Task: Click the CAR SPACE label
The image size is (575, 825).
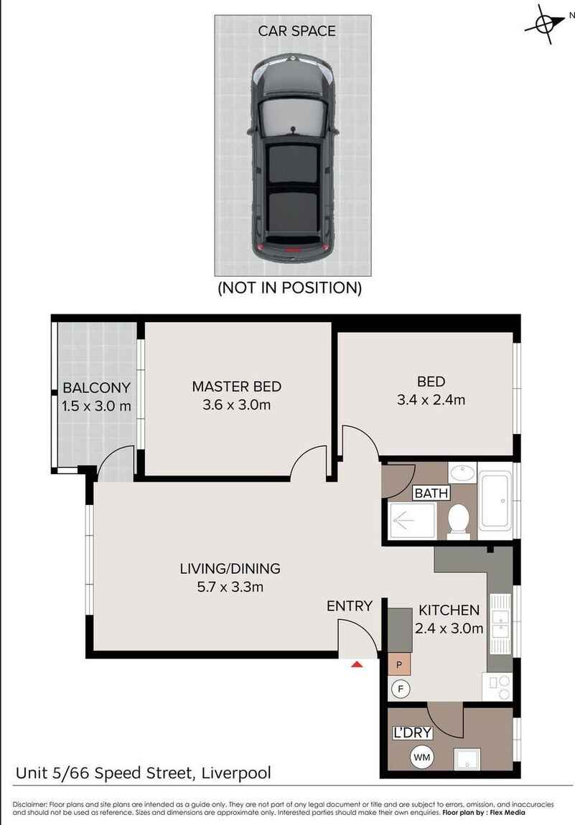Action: click(296, 31)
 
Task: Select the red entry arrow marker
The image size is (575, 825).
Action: click(357, 664)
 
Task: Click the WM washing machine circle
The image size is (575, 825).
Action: click(422, 757)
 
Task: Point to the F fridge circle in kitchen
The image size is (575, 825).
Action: click(401, 689)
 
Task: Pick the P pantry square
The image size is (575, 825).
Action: click(399, 665)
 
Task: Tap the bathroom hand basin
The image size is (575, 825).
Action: click(462, 472)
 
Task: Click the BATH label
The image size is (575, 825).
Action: click(431, 493)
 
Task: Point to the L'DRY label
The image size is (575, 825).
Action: click(412, 732)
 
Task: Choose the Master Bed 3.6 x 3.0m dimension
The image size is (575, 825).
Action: click(236, 405)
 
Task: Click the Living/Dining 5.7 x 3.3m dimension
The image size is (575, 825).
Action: click(230, 587)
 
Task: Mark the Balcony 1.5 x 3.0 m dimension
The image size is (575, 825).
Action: click(96, 405)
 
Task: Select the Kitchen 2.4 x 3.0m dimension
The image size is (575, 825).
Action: click(449, 628)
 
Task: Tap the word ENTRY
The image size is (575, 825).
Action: click(349, 606)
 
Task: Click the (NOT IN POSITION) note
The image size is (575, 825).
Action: click(289, 288)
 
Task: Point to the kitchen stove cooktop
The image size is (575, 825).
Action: click(497, 687)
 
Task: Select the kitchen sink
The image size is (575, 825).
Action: click(500, 624)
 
